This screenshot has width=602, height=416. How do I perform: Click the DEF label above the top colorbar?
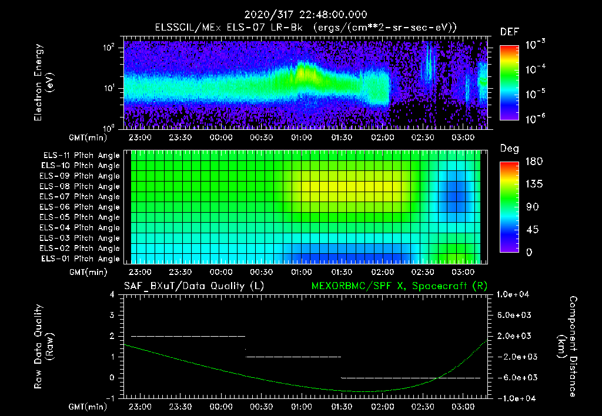509,32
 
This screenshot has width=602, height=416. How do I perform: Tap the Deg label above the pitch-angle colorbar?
509,149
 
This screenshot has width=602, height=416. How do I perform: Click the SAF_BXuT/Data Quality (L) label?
193,286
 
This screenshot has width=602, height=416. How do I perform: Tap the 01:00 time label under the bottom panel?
302,407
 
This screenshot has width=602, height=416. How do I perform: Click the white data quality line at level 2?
188,336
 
